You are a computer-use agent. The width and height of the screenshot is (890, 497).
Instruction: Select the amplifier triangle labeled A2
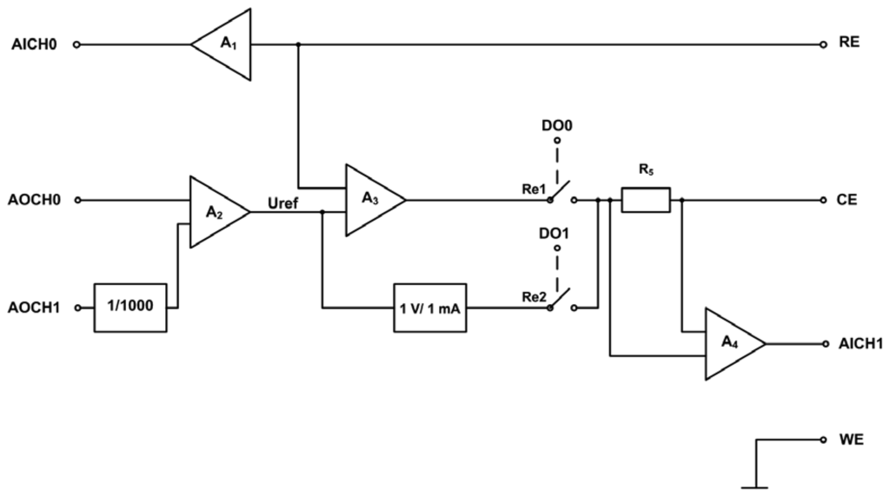click(x=215, y=212)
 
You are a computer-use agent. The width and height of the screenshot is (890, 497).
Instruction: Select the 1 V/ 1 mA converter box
click(x=430, y=308)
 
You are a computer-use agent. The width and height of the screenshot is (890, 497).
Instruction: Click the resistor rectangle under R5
click(x=646, y=201)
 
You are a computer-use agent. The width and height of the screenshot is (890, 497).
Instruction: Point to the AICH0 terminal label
click(x=36, y=44)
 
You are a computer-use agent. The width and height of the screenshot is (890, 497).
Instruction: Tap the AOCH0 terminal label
click(x=36, y=200)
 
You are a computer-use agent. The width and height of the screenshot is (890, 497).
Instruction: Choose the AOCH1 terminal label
click(x=36, y=308)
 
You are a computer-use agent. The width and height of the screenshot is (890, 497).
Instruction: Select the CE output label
click(x=849, y=200)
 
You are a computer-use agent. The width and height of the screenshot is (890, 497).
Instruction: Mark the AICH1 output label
click(x=860, y=344)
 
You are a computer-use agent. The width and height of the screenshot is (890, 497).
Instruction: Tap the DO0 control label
click(x=557, y=125)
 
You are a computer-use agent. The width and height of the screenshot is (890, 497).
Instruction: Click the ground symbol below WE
click(x=754, y=485)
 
